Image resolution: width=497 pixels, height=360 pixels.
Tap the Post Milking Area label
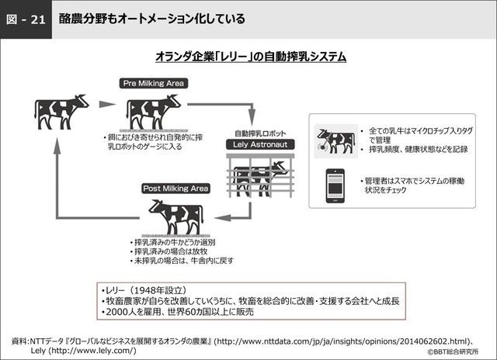[x=175, y=189]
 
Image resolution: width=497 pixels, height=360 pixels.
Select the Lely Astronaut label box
[x=251, y=144]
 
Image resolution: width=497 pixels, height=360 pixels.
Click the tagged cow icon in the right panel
[x=335, y=140]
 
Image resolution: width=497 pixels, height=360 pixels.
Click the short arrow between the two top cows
[x=103, y=102]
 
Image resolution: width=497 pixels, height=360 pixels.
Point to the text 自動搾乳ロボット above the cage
[x=250, y=132]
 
